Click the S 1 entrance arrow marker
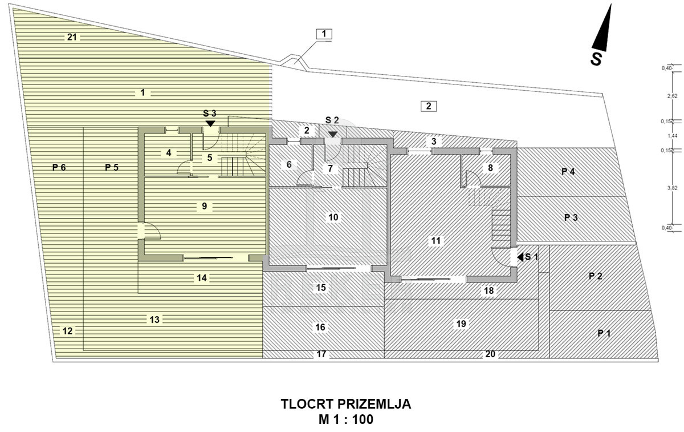pos(520,257)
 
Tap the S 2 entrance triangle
pos(332,135)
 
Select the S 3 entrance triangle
pos(210,123)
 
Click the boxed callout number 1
pos(324,34)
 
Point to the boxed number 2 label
pos(429,106)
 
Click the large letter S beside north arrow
pos(596,59)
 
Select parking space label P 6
pos(59,167)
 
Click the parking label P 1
pos(604,333)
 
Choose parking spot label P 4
pos(568,172)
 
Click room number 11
pos(435,241)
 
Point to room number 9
pos(204,206)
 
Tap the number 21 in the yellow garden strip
pos(72,37)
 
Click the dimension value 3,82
pos(673,188)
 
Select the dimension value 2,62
pos(673,96)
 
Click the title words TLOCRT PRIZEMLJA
pos(346,404)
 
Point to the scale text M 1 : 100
pos(346,419)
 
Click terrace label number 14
pos(202,278)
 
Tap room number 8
pos(490,168)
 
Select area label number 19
pos(461,324)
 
